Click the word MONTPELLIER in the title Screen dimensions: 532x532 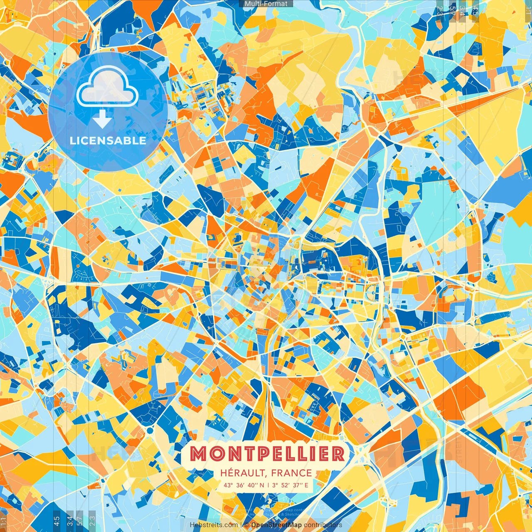coord(268,453)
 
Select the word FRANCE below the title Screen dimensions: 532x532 coord(291,473)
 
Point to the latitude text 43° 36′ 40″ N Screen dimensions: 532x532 coord(244,485)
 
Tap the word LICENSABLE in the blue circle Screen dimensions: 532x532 coord(108,140)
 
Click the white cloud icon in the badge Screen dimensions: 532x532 coord(107,87)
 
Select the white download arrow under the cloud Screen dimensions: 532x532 coord(102,119)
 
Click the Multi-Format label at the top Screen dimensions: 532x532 coord(266,4)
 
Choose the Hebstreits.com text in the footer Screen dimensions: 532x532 coord(214,525)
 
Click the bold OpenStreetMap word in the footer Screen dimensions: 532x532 coord(276,525)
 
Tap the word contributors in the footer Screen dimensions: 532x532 coord(323,525)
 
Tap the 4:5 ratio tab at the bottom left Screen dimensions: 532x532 coord(57,520)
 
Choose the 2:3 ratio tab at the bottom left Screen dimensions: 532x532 coord(92,520)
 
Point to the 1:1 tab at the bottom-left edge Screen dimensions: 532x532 coord(3,520)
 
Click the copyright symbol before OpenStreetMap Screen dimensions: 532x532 coord(246,525)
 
